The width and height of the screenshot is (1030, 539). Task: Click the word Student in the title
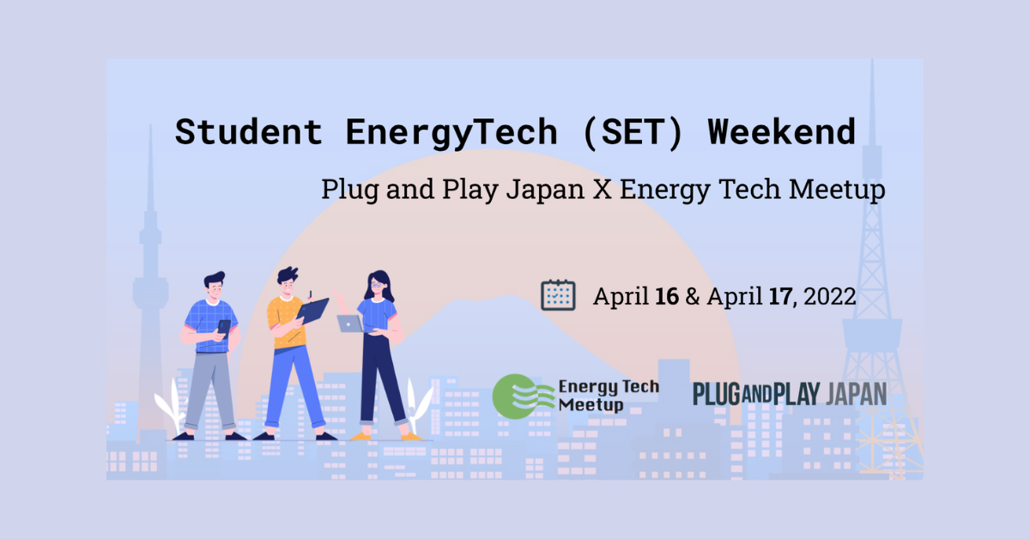point(248,132)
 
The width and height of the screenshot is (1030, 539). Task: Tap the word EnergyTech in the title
point(451,133)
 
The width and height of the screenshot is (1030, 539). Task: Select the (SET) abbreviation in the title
point(633,133)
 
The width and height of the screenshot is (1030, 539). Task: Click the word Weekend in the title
point(782,132)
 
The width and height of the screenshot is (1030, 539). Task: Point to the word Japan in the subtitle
point(545,190)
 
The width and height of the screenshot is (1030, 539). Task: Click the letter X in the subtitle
point(603,189)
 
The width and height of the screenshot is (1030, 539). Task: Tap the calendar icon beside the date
point(558,294)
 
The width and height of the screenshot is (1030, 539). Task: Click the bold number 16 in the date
point(667,296)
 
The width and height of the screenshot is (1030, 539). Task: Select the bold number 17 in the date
point(780,296)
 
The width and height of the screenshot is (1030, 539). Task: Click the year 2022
point(829,296)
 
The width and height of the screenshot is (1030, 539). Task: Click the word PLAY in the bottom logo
point(797,394)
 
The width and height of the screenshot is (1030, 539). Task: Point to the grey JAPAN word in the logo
point(857,394)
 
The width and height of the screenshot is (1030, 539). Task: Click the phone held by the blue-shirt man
point(224,328)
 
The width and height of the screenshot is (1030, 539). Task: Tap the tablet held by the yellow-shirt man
point(312,310)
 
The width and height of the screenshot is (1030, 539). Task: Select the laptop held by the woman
point(352,324)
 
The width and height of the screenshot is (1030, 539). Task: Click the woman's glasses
point(377,285)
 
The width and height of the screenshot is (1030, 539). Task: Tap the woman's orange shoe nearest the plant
point(410,436)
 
